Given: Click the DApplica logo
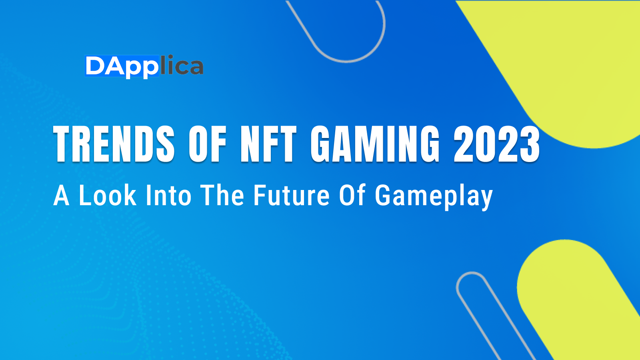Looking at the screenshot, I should (x=144, y=66).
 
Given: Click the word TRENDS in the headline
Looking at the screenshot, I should (x=114, y=144).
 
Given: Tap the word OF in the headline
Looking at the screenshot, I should (x=208, y=144).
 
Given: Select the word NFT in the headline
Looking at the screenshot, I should (x=268, y=144).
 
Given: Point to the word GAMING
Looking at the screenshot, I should (x=375, y=144).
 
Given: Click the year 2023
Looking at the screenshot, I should (x=497, y=144).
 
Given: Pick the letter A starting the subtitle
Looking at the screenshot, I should (x=62, y=196).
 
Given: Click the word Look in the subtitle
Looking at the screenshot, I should (x=108, y=196).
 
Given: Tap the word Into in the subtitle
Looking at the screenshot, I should (x=168, y=196).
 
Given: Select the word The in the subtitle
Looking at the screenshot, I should (x=222, y=196).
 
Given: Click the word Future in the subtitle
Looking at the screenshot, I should (x=292, y=196).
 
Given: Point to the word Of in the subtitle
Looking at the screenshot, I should (x=352, y=196).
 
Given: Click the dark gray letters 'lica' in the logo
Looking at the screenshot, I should (x=182, y=66).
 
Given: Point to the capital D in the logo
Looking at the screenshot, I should (x=95, y=66).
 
